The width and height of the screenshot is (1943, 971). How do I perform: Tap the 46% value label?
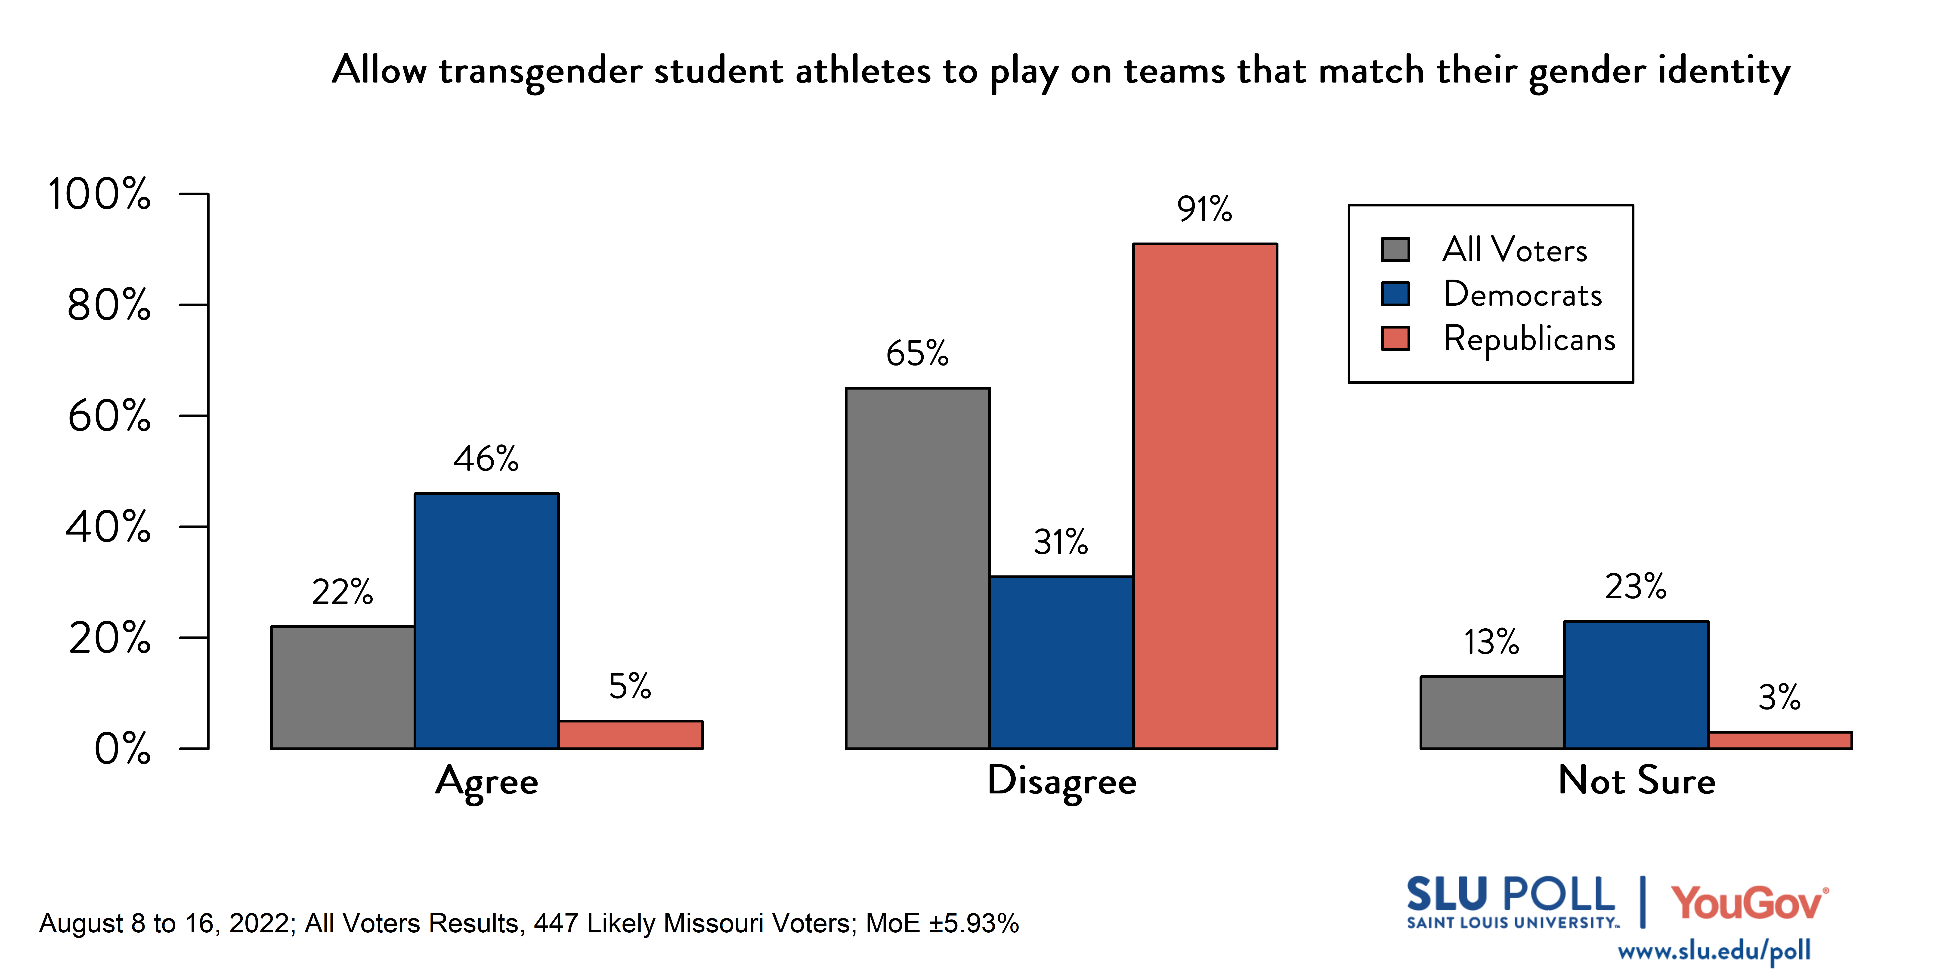point(486,458)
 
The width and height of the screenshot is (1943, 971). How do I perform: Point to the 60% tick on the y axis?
point(109,415)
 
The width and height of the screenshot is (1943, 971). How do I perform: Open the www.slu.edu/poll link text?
point(1714,951)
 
